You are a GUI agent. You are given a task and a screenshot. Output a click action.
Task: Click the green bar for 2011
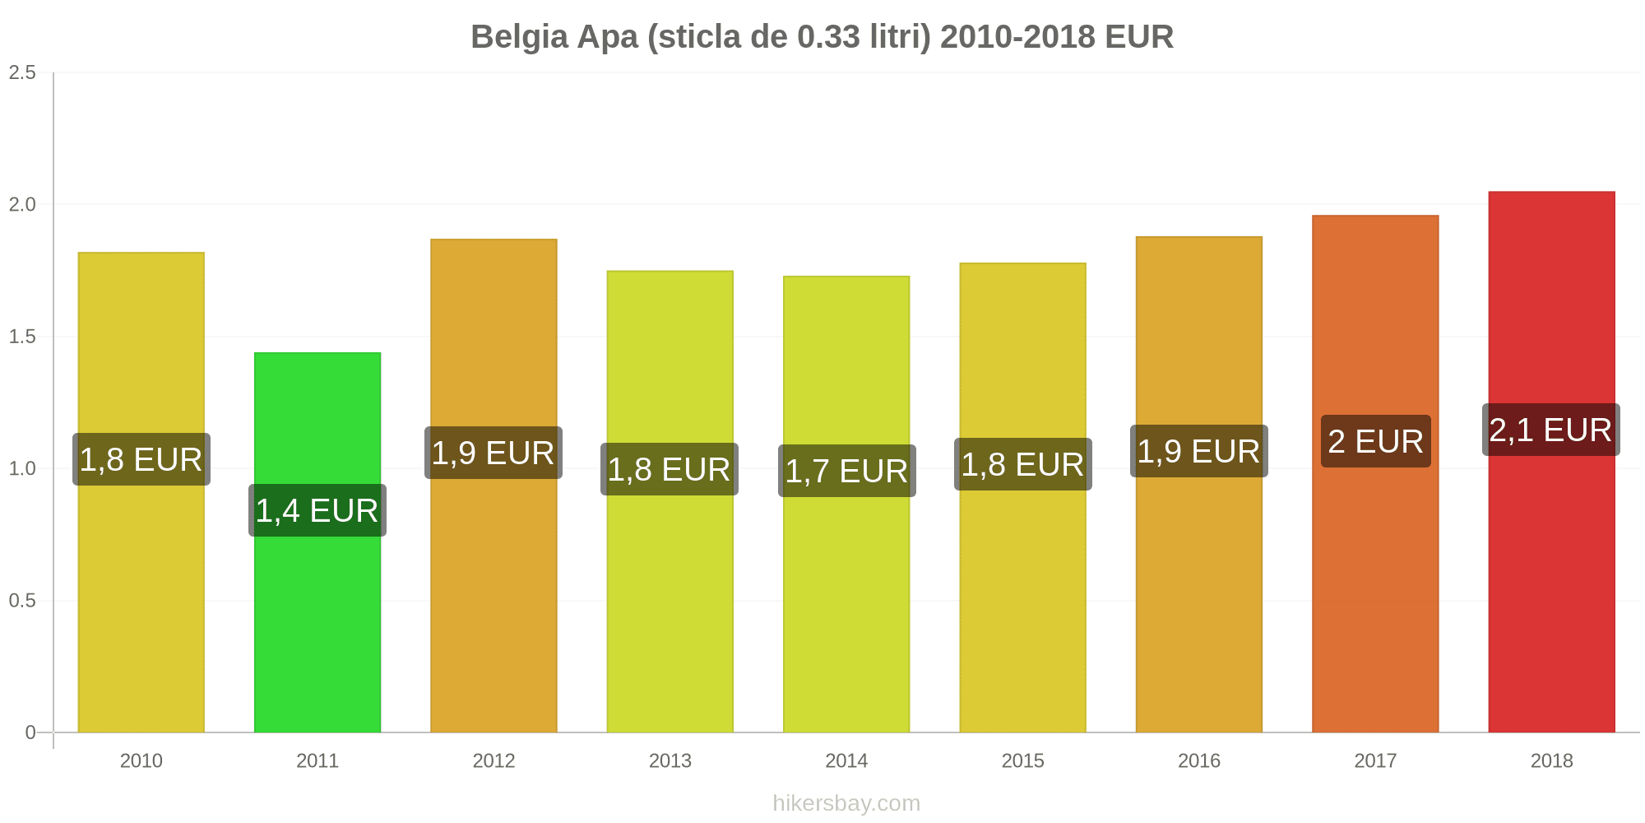pyautogui.click(x=317, y=542)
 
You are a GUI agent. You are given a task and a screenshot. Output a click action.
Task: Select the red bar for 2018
pyautogui.click(x=1551, y=462)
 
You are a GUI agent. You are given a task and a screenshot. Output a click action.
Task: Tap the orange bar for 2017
pyautogui.click(x=1375, y=474)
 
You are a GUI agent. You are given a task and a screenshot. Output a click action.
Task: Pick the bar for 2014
pyautogui.click(x=846, y=504)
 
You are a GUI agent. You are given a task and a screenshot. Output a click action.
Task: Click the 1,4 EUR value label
pyautogui.click(x=317, y=510)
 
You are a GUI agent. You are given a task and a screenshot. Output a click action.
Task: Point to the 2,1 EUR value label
pyautogui.click(x=1551, y=430)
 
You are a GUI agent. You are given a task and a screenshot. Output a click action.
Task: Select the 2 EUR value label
pyautogui.click(x=1375, y=441)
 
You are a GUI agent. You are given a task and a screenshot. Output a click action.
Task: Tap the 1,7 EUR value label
pyautogui.click(x=846, y=471)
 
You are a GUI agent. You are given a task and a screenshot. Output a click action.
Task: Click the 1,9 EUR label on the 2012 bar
pyautogui.click(x=493, y=453)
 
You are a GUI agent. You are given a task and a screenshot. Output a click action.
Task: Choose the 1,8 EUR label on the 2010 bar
pyautogui.click(x=141, y=459)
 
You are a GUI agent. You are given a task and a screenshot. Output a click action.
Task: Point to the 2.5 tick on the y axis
pyautogui.click(x=23, y=72)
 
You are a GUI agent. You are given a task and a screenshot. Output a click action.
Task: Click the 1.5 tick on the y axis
pyautogui.click(x=23, y=337)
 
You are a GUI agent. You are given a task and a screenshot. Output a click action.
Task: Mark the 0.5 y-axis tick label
pyautogui.click(x=23, y=601)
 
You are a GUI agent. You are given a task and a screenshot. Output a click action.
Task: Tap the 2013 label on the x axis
pyautogui.click(x=670, y=760)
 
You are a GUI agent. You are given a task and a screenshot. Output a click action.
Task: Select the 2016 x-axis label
pyautogui.click(x=1199, y=760)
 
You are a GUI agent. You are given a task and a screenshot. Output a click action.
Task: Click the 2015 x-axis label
pyautogui.click(x=1022, y=760)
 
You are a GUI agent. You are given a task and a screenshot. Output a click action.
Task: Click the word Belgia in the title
pyautogui.click(x=519, y=38)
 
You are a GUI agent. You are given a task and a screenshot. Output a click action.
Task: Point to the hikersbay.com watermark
pyautogui.click(x=846, y=803)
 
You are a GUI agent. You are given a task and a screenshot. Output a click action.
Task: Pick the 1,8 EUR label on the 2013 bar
pyautogui.click(x=670, y=469)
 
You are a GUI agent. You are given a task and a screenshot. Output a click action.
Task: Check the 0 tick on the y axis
pyautogui.click(x=30, y=732)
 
